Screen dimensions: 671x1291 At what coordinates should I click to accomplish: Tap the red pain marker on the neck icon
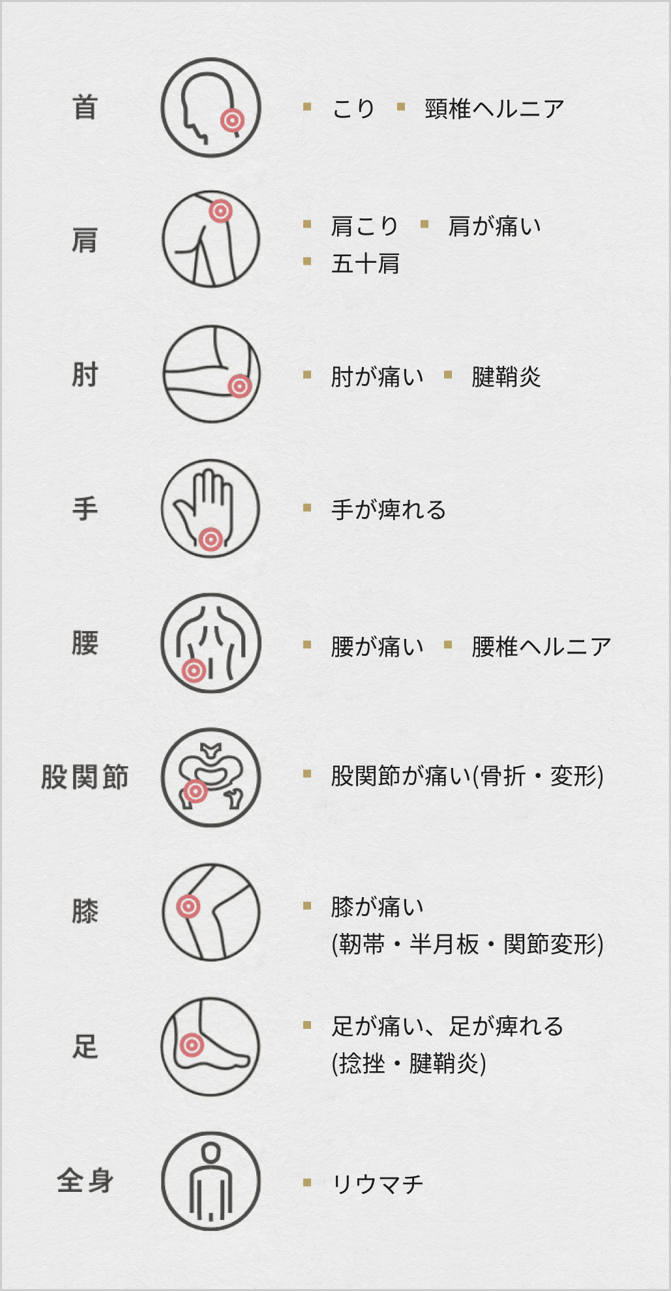232,120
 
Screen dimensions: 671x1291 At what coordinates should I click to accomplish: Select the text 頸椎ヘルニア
494,109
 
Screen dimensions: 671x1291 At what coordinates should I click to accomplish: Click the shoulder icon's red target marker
221,211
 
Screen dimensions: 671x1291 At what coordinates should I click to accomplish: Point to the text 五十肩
365,264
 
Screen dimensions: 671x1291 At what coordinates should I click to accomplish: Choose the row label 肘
85,375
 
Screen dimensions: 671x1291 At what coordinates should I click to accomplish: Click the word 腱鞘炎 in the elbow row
506,377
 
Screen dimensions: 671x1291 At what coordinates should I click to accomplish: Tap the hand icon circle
211,508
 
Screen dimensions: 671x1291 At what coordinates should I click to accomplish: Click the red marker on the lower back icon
194,670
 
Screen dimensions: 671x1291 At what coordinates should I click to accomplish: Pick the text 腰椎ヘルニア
541,647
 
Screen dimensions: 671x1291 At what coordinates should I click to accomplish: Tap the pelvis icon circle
211,777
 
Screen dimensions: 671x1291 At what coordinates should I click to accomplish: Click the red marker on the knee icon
188,906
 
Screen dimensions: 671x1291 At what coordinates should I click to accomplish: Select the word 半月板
444,944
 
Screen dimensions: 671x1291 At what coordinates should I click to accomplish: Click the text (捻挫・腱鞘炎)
409,1064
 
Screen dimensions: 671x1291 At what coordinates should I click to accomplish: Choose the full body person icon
211,1181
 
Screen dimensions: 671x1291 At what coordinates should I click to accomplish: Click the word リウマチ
378,1183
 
